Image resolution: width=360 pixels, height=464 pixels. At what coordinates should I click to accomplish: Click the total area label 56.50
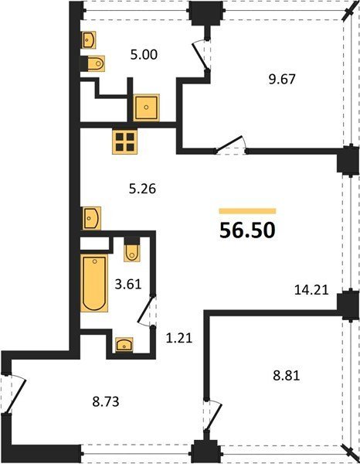247,230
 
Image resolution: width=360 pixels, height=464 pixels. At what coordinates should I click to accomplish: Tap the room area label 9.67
282,80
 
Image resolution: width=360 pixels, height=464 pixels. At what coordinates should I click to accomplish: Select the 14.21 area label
311,290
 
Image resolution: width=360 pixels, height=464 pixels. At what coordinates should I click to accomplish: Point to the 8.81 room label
287,376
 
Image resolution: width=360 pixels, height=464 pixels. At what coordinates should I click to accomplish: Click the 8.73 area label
106,402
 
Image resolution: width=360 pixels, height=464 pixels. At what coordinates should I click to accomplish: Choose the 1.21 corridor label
179,338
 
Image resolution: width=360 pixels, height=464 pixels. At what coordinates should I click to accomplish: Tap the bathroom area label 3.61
128,285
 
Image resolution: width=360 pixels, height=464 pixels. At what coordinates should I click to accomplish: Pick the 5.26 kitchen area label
142,189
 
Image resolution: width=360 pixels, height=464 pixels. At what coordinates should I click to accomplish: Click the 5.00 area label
144,55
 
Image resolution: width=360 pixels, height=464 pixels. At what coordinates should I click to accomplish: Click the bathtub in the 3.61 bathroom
94,283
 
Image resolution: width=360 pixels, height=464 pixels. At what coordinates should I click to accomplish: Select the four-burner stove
125,142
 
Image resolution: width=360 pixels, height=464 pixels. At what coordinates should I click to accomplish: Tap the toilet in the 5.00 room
93,63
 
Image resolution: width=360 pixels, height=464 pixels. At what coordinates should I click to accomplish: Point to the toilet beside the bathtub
132,250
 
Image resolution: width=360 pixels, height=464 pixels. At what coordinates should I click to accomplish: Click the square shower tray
146,107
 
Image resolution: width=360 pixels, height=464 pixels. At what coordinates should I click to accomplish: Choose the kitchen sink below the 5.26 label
90,218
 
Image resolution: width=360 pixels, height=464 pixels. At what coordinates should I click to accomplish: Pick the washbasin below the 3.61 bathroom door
124,345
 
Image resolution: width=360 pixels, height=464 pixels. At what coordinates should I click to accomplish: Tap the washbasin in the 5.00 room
88,40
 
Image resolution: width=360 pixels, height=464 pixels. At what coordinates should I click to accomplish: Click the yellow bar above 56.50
247,211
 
